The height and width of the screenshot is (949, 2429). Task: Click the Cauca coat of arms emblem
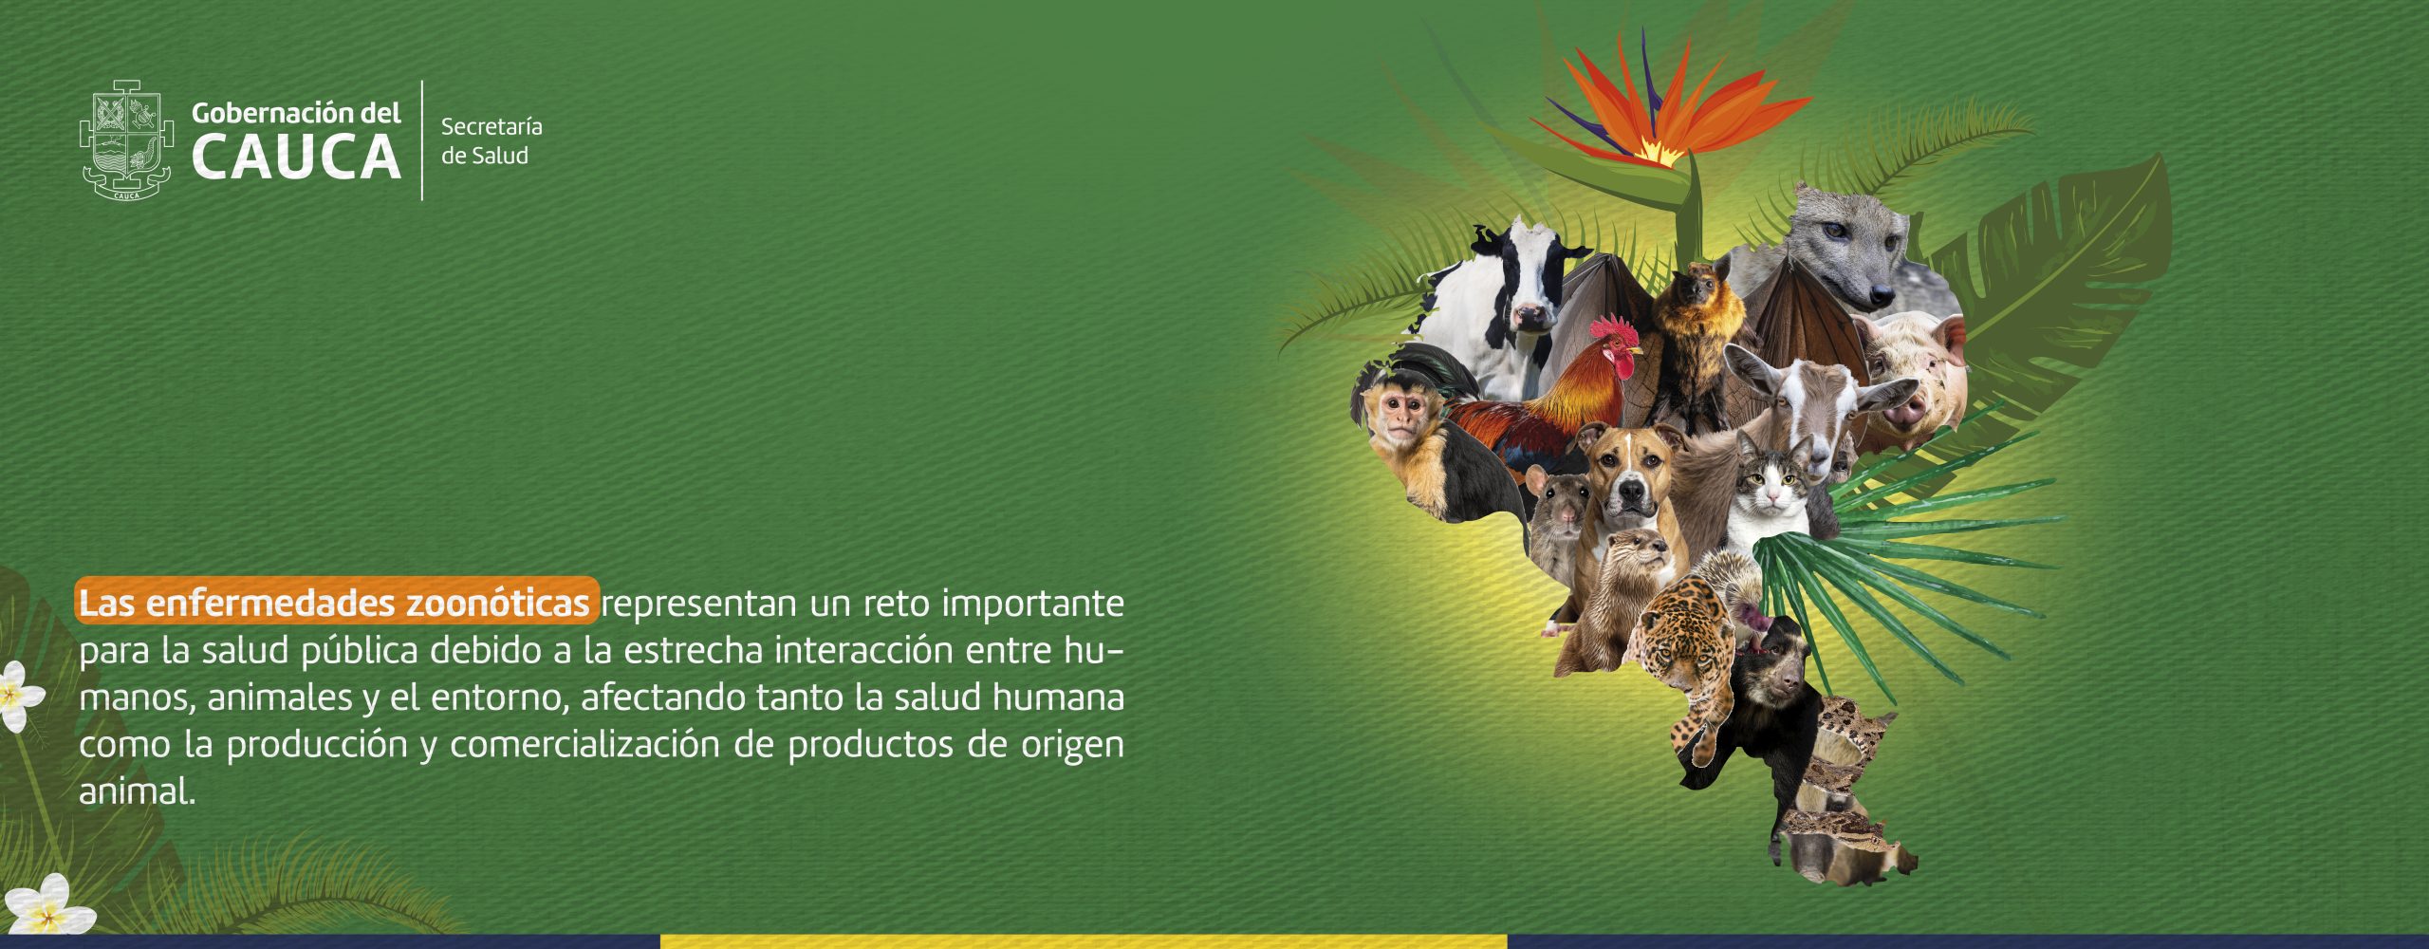tap(126, 140)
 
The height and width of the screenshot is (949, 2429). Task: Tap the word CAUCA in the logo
tap(296, 158)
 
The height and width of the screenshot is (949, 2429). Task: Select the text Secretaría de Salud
tap(491, 140)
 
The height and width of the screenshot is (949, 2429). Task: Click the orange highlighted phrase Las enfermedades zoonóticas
tap(337, 602)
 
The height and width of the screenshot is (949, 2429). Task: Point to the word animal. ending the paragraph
tap(137, 791)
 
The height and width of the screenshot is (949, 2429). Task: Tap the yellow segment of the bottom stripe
tap(1083, 941)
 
